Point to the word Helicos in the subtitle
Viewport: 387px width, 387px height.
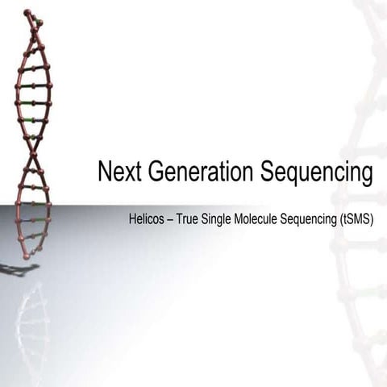(x=147, y=219)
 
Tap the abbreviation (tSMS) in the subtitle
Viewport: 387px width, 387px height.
(x=358, y=219)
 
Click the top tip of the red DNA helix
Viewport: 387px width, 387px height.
(x=28, y=12)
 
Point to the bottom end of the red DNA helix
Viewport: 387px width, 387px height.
(x=27, y=256)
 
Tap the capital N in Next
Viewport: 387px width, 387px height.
(x=104, y=173)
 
